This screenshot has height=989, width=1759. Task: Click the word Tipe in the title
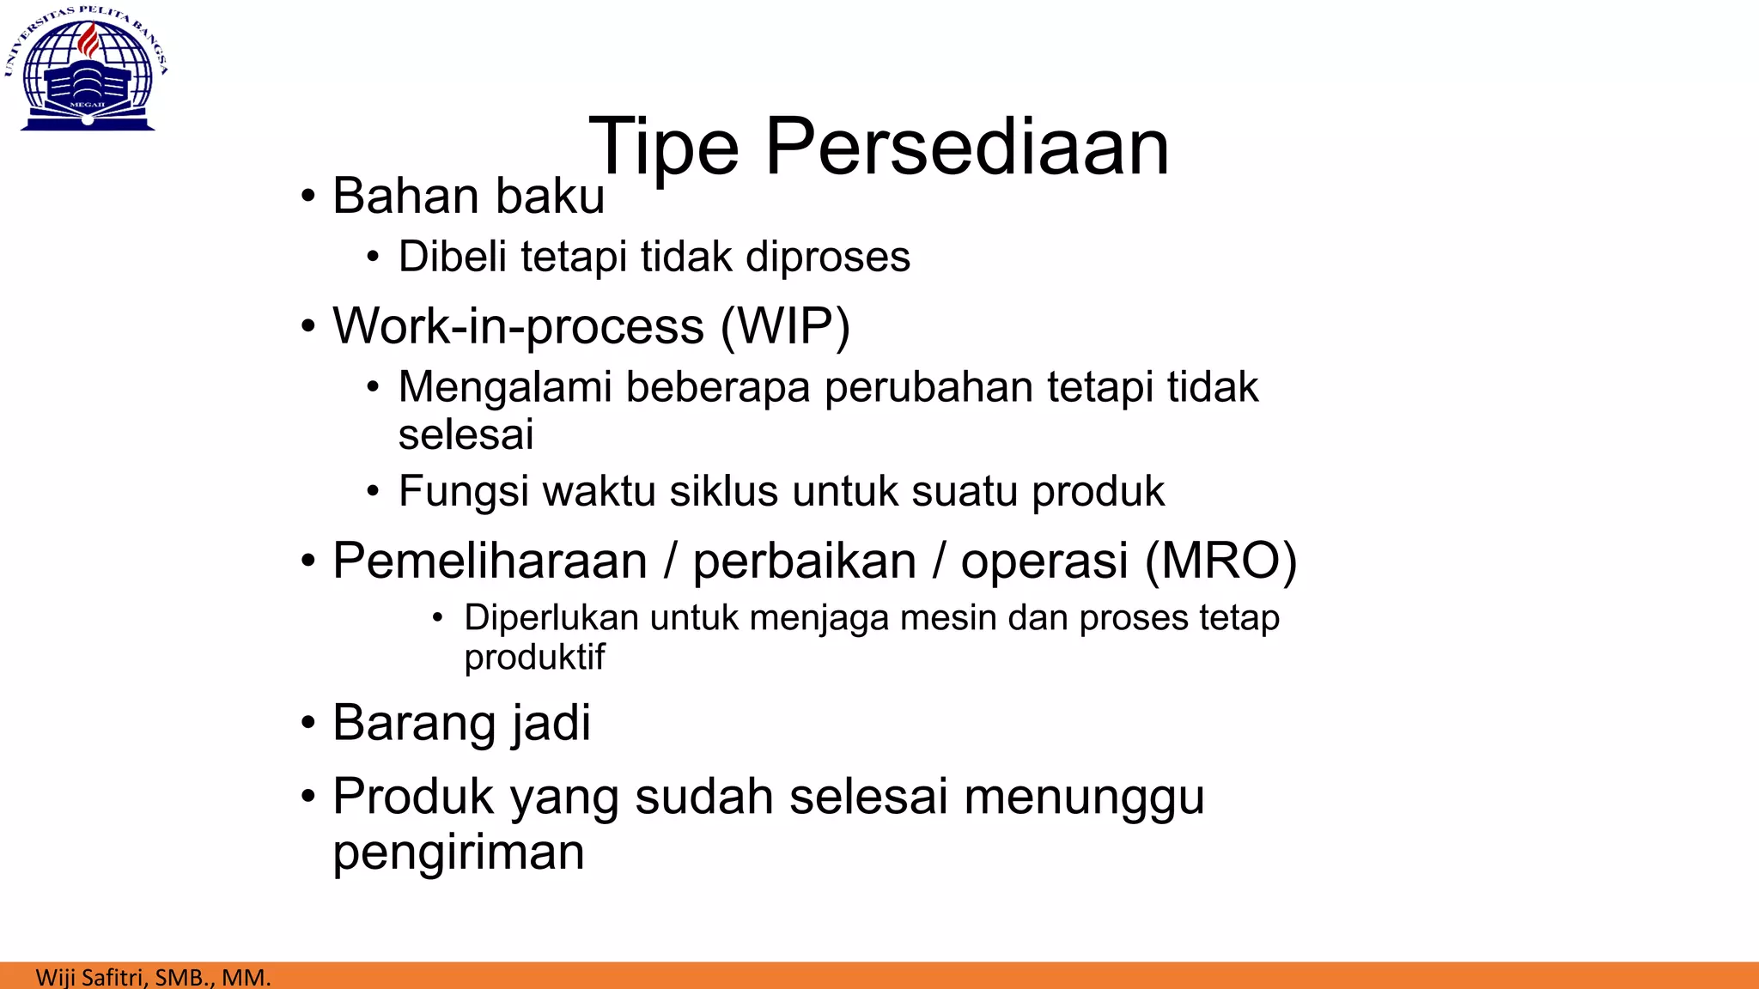click(x=663, y=148)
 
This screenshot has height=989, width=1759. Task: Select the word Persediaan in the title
click(x=967, y=148)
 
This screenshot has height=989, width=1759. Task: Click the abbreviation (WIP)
click(x=785, y=326)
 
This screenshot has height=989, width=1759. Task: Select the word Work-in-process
click(x=518, y=327)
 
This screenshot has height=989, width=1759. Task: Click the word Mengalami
click(x=506, y=388)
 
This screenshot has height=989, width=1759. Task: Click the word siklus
click(x=725, y=492)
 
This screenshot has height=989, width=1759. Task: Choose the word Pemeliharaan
click(x=490, y=561)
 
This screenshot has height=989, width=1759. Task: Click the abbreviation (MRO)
click(x=1220, y=561)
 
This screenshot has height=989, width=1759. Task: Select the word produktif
click(x=534, y=658)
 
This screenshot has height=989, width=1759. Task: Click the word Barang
click(x=414, y=724)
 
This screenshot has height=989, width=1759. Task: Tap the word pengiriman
click(x=459, y=852)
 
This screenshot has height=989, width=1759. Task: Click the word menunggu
click(x=1084, y=798)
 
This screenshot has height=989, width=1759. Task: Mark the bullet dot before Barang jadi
click(x=308, y=723)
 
